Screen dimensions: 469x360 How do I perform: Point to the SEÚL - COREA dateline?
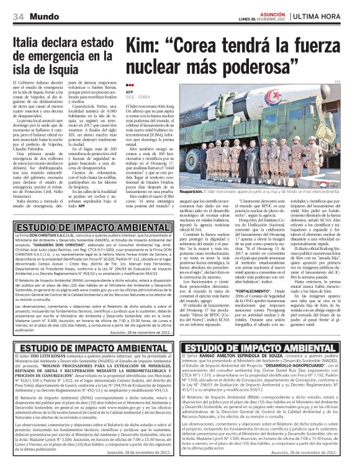(x=138, y=97)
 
